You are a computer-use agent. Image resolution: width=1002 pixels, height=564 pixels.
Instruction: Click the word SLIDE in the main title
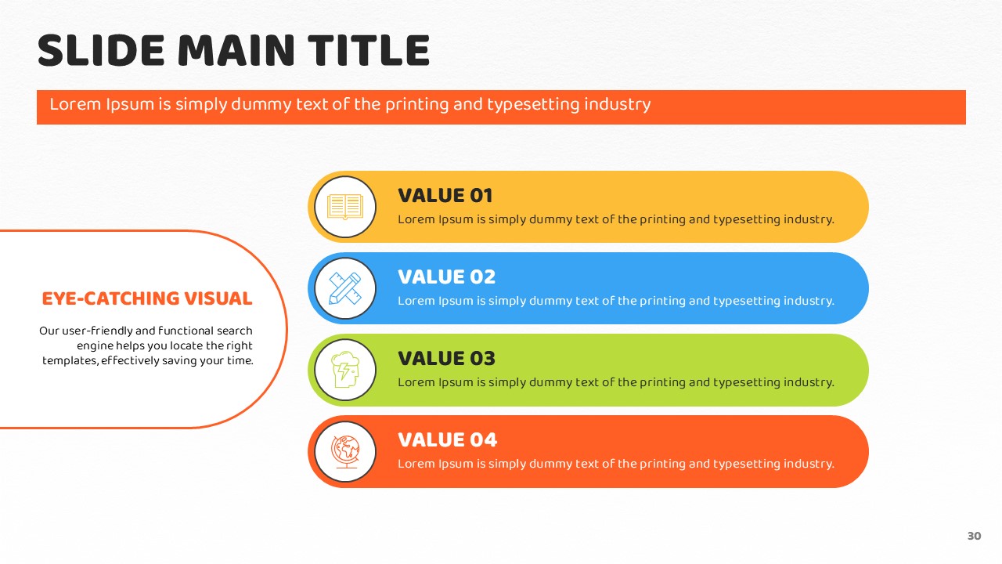click(101, 51)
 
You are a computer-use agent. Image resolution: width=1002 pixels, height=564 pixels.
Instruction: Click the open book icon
click(345, 207)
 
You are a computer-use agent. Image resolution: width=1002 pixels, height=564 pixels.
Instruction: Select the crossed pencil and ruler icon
click(345, 288)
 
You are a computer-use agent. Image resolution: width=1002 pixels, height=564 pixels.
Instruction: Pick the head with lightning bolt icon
click(345, 370)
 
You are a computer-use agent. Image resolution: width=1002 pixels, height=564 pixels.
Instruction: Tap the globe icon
click(345, 452)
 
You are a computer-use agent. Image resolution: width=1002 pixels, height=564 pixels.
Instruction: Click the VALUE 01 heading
click(445, 196)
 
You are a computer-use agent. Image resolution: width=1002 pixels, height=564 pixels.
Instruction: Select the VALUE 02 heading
click(446, 277)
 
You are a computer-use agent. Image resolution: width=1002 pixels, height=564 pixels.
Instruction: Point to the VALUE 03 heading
click(446, 359)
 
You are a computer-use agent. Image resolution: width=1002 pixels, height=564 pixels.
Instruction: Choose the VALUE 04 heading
click(447, 440)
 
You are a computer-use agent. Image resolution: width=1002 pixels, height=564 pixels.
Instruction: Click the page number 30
click(975, 536)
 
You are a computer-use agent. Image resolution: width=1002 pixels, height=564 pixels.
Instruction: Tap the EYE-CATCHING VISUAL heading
click(147, 298)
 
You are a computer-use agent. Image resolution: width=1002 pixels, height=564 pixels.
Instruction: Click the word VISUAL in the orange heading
click(218, 298)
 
